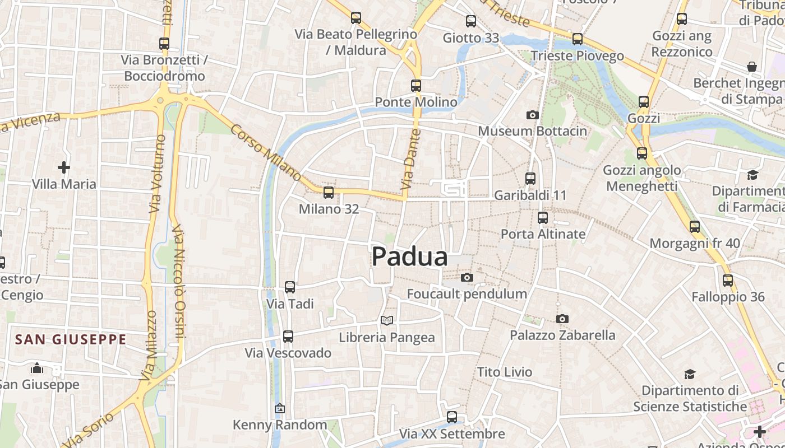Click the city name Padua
click(410, 257)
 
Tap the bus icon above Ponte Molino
click(415, 86)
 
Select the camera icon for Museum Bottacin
click(532, 115)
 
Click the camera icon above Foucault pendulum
click(467, 277)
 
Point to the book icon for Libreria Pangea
click(386, 320)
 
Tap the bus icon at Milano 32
click(328, 193)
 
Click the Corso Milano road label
click(265, 152)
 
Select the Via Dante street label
click(411, 158)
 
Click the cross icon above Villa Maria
click(64, 167)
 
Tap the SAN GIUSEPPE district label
click(71, 339)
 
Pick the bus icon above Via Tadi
click(289, 287)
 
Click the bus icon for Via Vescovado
click(288, 337)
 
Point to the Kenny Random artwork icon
click(279, 409)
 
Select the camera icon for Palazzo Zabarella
click(562, 319)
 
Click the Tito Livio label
click(505, 372)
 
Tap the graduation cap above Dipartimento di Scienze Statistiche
click(689, 374)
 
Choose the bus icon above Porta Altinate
click(542, 218)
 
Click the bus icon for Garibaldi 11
click(530, 179)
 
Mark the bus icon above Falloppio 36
click(727, 280)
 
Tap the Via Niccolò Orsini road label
click(178, 283)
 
